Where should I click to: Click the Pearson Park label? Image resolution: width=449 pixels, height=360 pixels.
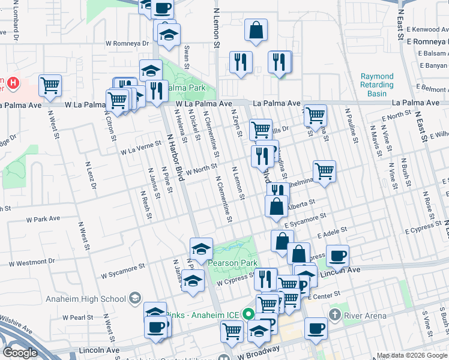pyautogui.click(x=232, y=263)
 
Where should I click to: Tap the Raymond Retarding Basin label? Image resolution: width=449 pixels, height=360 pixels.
pyautogui.click(x=377, y=85)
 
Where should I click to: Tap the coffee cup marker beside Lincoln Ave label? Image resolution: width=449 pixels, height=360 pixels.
pyautogui.click(x=337, y=256)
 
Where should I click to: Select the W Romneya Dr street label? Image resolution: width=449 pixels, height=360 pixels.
pyautogui.click(x=127, y=43)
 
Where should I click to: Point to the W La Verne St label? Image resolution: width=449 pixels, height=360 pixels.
pyautogui.click(x=141, y=144)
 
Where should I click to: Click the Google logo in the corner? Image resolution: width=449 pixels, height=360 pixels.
pyautogui.click(x=20, y=353)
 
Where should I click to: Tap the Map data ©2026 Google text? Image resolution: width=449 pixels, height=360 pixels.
pyautogui.click(x=412, y=355)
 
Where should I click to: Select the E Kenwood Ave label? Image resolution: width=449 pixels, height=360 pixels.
pyautogui.click(x=426, y=29)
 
